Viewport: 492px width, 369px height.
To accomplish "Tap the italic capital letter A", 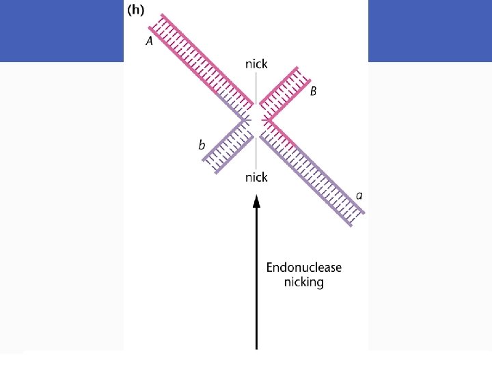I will pyautogui.click(x=150, y=41).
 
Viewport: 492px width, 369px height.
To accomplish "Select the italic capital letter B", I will pyautogui.click(x=313, y=92).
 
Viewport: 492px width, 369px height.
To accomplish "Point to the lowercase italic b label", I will pyautogui.click(x=202, y=145).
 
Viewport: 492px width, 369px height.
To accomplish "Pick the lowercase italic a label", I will pyautogui.click(x=359, y=195).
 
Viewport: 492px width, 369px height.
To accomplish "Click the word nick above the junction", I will pyautogui.click(x=256, y=64).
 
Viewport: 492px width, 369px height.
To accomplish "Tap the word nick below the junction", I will pyautogui.click(x=256, y=177).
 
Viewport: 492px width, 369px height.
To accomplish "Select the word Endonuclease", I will pyautogui.click(x=303, y=267).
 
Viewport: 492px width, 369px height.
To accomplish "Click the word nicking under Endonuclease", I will pyautogui.click(x=303, y=282).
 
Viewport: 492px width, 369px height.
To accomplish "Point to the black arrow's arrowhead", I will pyautogui.click(x=256, y=200).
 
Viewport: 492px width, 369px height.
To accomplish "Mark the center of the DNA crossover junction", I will pyautogui.click(x=256, y=120).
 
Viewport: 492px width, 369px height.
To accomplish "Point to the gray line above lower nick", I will pyautogui.click(x=256, y=154).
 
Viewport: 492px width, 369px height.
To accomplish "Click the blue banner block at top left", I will pyautogui.click(x=61, y=31).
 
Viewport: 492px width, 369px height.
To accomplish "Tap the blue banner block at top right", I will pyautogui.click(x=430, y=31).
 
